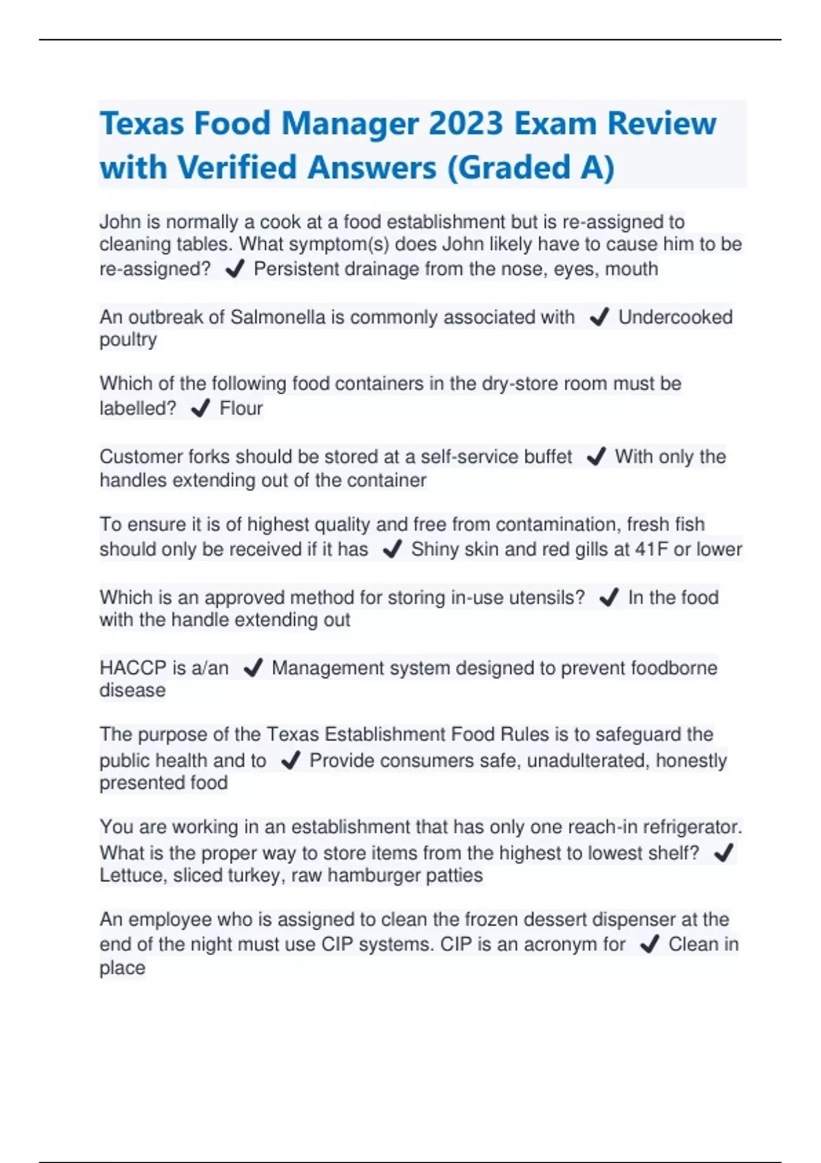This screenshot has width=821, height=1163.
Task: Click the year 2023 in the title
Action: tap(467, 124)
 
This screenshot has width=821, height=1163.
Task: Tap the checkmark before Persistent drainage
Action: tap(235, 270)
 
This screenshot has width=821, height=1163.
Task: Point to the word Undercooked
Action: tap(675, 317)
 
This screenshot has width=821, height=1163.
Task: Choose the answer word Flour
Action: tap(241, 408)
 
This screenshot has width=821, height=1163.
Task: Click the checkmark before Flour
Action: tap(200, 408)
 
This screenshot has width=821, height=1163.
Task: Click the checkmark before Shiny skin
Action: tap(392, 549)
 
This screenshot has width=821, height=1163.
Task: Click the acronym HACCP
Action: tap(133, 668)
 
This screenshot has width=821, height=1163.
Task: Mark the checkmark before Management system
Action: tap(253, 668)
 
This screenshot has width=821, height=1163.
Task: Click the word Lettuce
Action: tap(131, 876)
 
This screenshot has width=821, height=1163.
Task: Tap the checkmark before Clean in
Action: tap(649, 945)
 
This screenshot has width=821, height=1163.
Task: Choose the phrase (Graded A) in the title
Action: tap(530, 168)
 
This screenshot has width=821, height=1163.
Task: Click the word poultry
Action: tap(128, 340)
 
